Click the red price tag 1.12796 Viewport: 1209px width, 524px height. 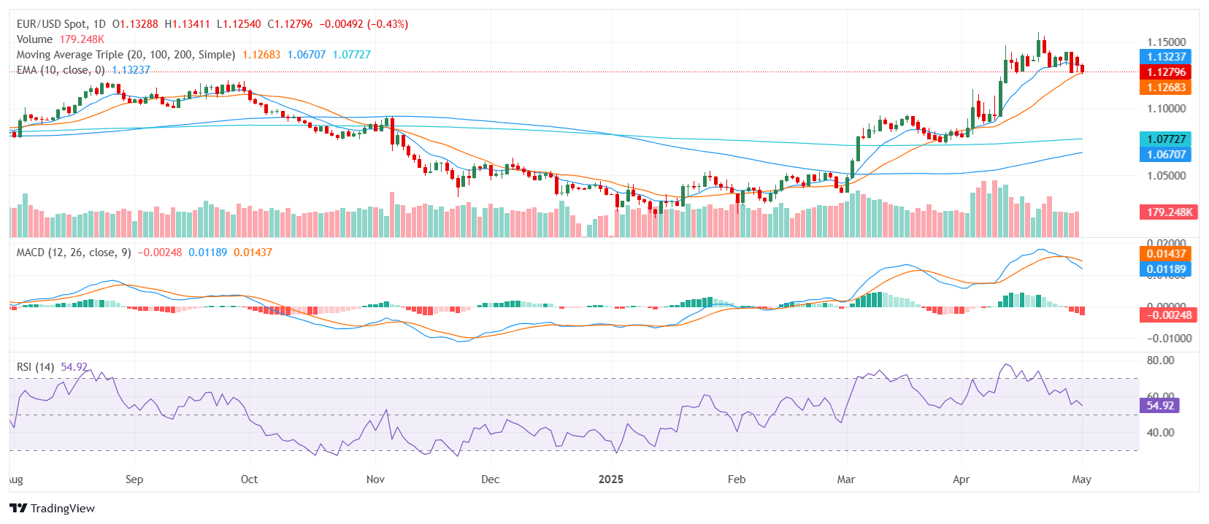(1165, 72)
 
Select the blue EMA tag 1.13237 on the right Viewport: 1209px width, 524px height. (1165, 56)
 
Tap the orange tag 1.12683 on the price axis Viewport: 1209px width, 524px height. (1165, 87)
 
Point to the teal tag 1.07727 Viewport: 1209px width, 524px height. (1165, 139)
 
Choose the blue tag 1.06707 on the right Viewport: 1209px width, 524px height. (1165, 154)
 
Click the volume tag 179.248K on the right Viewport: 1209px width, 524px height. (1169, 212)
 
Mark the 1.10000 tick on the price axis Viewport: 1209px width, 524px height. (1166, 108)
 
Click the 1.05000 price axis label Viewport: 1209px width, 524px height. (1166, 175)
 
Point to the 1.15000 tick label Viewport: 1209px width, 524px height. (1166, 42)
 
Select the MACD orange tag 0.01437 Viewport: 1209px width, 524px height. (1165, 253)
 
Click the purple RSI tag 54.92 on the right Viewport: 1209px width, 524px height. (1159, 405)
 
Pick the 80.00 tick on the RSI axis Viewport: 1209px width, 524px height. (1160, 360)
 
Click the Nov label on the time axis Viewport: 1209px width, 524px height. (375, 479)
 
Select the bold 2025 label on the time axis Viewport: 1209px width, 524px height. (611, 479)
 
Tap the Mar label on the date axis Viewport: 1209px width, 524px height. (845, 479)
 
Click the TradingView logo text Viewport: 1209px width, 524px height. (62, 508)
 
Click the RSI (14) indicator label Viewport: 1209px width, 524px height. (35, 366)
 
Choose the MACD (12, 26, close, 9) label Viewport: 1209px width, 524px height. (74, 252)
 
